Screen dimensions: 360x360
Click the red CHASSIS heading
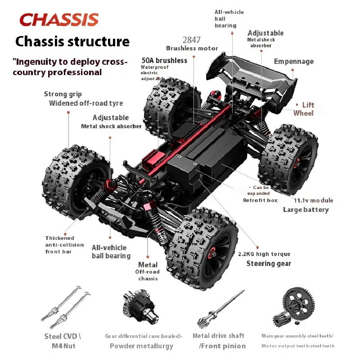[59, 19]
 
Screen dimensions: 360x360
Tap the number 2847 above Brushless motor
[192, 40]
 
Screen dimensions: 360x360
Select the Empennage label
[294, 62]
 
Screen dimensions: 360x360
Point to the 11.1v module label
[313, 200]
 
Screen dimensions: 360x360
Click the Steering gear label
[269, 264]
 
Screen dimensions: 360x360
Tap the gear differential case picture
[141, 306]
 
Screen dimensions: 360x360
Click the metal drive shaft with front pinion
[220, 309]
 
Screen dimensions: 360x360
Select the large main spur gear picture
[298, 302]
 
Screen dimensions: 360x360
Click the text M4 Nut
[63, 346]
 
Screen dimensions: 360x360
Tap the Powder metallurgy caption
[141, 346]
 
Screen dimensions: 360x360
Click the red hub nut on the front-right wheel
[212, 253]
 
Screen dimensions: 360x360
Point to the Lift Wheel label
[303, 109]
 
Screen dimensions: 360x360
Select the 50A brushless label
[164, 60]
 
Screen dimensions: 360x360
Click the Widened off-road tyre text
[86, 103]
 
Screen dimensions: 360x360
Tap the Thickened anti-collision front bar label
[64, 245]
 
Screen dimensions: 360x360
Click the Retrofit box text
[261, 200]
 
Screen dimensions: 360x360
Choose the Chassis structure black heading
[72, 41]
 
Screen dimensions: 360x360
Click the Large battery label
[306, 210]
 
